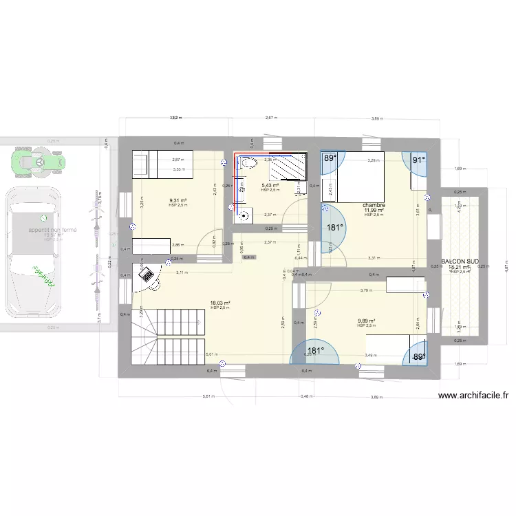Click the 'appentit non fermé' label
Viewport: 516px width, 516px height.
(52, 230)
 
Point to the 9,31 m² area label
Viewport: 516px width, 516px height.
(178, 201)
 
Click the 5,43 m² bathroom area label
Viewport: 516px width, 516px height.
(270, 185)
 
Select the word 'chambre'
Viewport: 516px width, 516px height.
(374, 205)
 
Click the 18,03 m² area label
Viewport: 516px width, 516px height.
(220, 303)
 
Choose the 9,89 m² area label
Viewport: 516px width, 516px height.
(366, 321)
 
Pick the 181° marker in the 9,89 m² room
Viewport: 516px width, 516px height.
(315, 351)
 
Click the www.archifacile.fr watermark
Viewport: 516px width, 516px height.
(473, 396)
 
